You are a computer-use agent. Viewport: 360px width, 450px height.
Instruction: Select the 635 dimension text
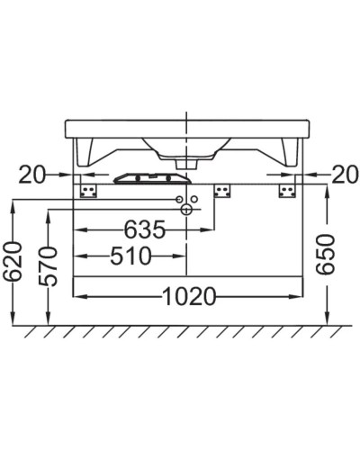pos(144,230)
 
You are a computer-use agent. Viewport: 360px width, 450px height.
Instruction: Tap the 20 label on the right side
pos(344,174)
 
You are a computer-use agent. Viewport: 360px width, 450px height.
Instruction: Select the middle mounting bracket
pos(221,190)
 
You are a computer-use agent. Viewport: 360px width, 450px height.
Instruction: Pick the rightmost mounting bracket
pos(287,190)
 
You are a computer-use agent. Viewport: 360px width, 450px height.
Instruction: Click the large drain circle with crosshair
pos(186,210)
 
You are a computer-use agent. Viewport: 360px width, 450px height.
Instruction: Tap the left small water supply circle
pos(179,198)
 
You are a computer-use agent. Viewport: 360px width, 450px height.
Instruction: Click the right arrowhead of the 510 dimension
pos(182,256)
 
